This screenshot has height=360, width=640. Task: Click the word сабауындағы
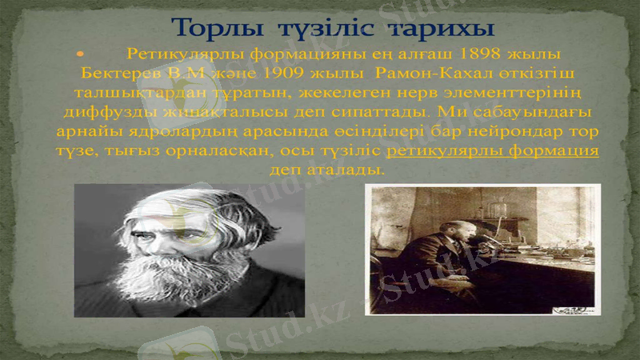click(522, 111)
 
